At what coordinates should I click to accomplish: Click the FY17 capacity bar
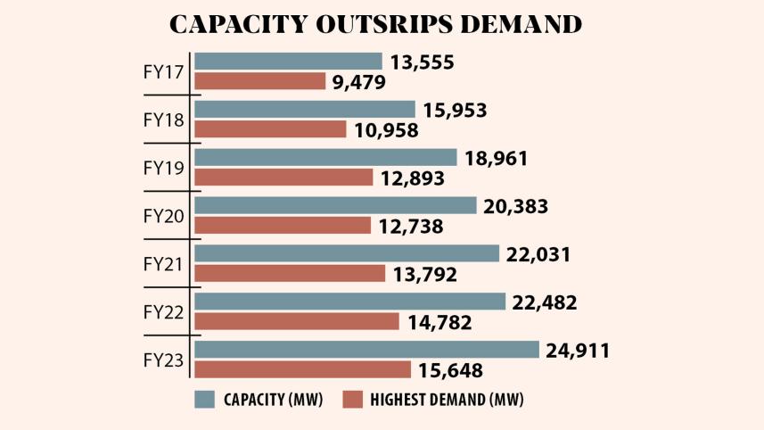pyautogui.click(x=288, y=62)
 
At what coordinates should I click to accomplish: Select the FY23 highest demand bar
pyautogui.click(x=302, y=369)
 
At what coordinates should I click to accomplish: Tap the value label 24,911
pyautogui.click(x=578, y=351)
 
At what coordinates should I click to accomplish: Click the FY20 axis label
pyautogui.click(x=164, y=216)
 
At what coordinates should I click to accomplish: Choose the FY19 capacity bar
pyautogui.click(x=325, y=158)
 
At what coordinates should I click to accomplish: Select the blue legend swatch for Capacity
pyautogui.click(x=205, y=399)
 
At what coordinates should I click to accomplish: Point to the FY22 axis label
pyautogui.click(x=164, y=312)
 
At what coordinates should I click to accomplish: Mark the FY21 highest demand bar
pyautogui.click(x=289, y=273)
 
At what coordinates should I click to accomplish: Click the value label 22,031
pyautogui.click(x=538, y=254)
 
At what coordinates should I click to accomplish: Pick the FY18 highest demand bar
pyautogui.click(x=270, y=129)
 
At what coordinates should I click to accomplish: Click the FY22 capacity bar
pyautogui.click(x=349, y=302)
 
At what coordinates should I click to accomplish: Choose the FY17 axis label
pyautogui.click(x=164, y=72)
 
